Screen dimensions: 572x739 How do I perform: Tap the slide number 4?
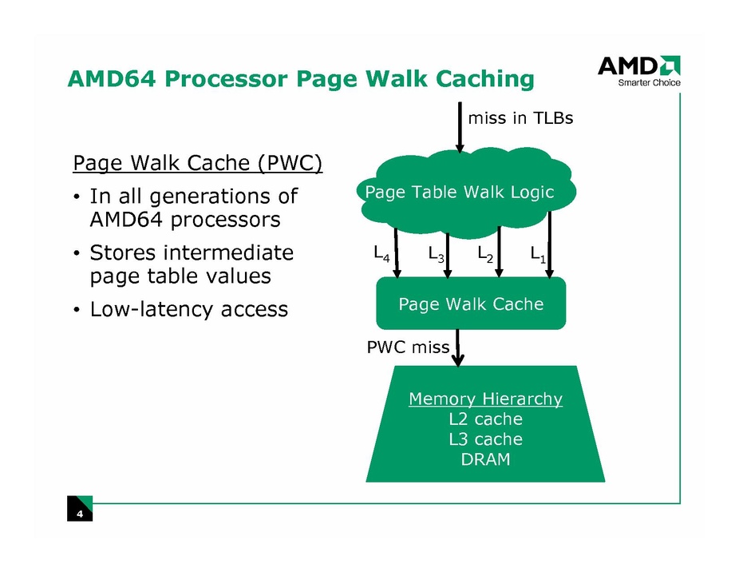point(80,514)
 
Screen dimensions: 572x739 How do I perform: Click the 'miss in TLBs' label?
point(520,118)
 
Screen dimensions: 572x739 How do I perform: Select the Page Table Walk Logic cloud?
point(458,192)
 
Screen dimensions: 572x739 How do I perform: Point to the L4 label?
point(382,255)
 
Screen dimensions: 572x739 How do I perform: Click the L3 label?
point(437,255)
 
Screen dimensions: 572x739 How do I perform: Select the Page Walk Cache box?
point(471,304)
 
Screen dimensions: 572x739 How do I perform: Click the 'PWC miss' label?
point(407,348)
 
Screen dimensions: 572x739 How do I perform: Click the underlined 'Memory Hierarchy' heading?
point(485,399)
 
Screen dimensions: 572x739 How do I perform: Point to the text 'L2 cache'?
point(485,419)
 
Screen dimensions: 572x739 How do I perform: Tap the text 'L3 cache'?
point(485,439)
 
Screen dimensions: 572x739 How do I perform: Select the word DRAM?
point(485,459)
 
